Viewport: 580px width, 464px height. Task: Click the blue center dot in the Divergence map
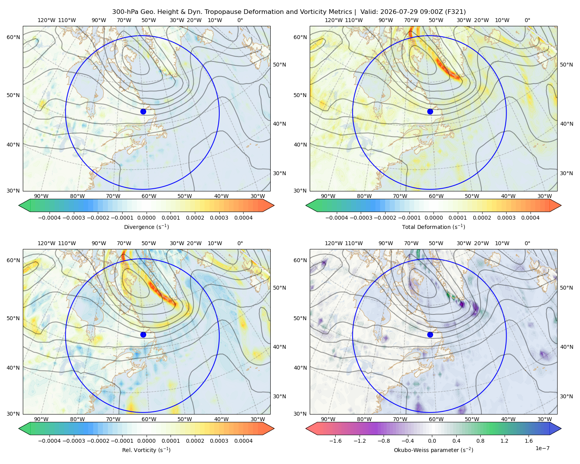[x=143, y=112]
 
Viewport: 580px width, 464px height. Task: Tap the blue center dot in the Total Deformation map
[x=430, y=112]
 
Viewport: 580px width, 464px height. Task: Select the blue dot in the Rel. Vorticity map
[x=143, y=334]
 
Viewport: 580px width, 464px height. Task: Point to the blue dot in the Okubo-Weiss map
[x=430, y=334]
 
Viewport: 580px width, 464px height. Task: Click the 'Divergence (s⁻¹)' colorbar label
[x=146, y=227]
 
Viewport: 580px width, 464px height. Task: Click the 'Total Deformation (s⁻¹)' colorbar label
[x=433, y=227]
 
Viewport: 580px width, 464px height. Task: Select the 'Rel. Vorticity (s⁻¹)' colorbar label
[x=146, y=450]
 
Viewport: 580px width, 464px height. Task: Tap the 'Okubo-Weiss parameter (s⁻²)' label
[x=433, y=450]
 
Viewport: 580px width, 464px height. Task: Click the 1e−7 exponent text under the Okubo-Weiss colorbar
[x=542, y=448]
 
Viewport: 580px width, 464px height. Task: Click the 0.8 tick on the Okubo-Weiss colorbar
[x=480, y=441]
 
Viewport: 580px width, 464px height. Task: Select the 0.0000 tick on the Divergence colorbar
[x=146, y=218]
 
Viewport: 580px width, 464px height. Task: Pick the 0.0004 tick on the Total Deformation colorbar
[x=530, y=218]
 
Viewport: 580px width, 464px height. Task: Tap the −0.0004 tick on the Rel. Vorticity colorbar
[x=49, y=441]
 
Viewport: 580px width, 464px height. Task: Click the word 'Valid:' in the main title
[x=369, y=12]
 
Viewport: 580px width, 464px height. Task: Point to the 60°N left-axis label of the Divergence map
[x=13, y=37]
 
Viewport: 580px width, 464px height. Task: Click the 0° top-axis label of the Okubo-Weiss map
[x=527, y=243]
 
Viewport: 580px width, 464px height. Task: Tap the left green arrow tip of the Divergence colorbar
[x=19, y=205]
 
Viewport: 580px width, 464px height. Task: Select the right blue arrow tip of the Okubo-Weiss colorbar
[x=561, y=428]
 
